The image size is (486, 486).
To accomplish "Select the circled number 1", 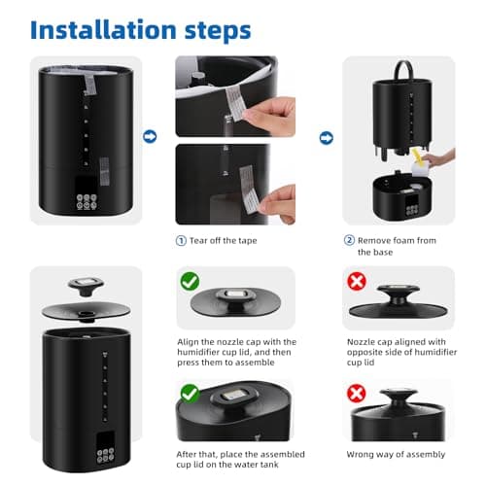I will tap(181, 240).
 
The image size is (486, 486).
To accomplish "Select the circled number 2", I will tap(349, 240).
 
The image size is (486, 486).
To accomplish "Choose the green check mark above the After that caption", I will tap(190, 395).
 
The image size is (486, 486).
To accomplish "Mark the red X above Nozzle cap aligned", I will tap(357, 283).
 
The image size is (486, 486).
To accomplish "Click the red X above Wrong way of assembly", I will tap(357, 395).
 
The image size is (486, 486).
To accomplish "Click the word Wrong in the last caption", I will tap(363, 454).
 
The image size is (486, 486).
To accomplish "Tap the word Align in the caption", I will tap(189, 342).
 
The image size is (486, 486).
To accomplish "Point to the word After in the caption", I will tap(189, 454).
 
